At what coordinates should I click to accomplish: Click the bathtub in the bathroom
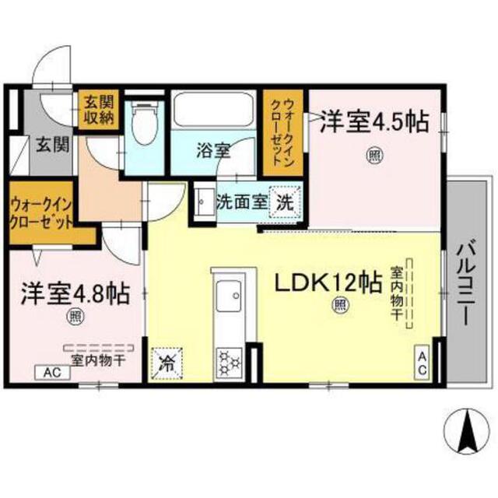point(214,111)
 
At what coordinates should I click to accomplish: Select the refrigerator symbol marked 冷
point(167,361)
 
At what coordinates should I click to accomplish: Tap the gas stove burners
point(231,360)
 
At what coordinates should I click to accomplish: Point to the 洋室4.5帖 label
point(374,121)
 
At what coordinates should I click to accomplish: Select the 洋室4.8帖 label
point(74,294)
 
